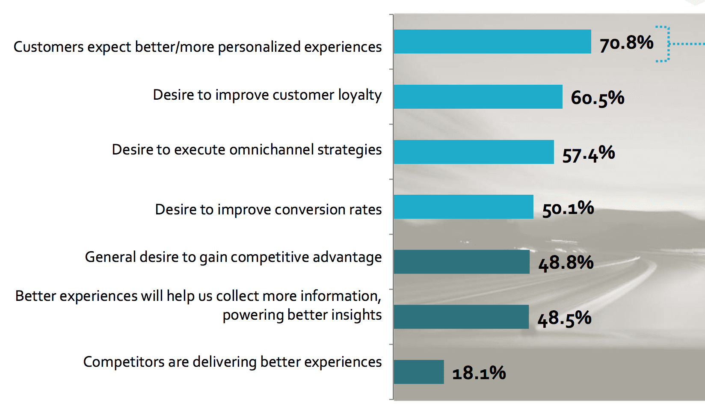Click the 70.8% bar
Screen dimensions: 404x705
[x=492, y=42]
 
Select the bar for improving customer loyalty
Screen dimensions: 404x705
[x=478, y=97]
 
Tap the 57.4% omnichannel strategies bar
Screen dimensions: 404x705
[x=474, y=152]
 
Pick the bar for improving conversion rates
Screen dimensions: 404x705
[x=463, y=207]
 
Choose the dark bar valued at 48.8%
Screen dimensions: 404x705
[x=461, y=262]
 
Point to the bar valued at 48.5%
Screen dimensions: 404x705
[x=461, y=317]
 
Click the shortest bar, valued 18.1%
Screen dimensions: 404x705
[x=418, y=372]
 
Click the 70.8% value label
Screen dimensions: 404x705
[x=626, y=43]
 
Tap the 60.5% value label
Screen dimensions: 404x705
[x=598, y=98]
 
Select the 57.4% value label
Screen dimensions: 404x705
[x=589, y=154]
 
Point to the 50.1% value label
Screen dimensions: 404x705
[x=568, y=209]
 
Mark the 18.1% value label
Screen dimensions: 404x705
[x=479, y=373]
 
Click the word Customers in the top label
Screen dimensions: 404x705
[x=48, y=47]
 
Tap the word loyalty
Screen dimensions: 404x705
[x=360, y=95]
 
